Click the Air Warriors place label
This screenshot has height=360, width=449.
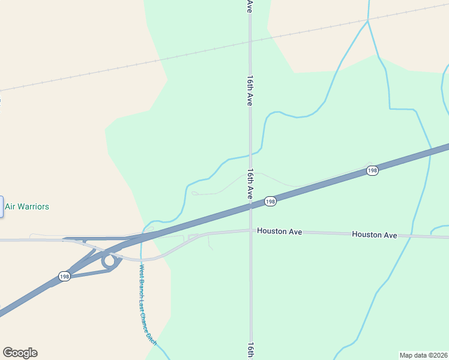coord(27,206)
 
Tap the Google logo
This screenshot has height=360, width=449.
coord(20,353)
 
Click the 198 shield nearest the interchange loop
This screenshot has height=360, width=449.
coord(65,276)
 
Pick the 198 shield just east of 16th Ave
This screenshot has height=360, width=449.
coord(270,202)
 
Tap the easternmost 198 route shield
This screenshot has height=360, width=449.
coord(372,171)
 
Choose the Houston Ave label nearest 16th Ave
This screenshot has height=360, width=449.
coord(280,230)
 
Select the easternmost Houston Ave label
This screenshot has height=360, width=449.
coord(375,235)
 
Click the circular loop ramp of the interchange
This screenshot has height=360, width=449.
coord(109,261)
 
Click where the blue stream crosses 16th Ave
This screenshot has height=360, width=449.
coord(250,155)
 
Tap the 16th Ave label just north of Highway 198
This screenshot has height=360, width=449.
coord(250,185)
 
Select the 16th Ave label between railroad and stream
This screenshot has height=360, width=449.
coord(250,91)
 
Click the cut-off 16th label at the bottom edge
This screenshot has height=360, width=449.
coord(250,351)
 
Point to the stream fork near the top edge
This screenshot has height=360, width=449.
coord(367,22)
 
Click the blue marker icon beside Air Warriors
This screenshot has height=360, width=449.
coord(1,206)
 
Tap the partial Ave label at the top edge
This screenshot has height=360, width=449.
coord(250,6)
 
